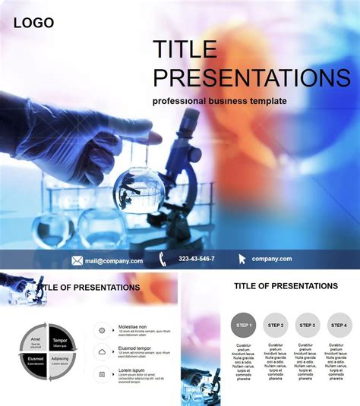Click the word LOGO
[33, 23]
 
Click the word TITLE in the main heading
[185, 50]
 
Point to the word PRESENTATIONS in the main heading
[251, 77]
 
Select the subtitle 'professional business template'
[219, 101]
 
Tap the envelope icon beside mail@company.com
[77, 260]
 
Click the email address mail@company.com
[113, 260]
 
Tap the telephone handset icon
[163, 260]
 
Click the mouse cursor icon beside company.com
[242, 260]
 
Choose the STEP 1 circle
[243, 325]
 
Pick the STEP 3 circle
[308, 325]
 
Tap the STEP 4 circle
[339, 325]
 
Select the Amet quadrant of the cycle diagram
[34, 341]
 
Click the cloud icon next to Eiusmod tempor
[102, 351]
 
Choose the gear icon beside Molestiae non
[102, 329]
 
